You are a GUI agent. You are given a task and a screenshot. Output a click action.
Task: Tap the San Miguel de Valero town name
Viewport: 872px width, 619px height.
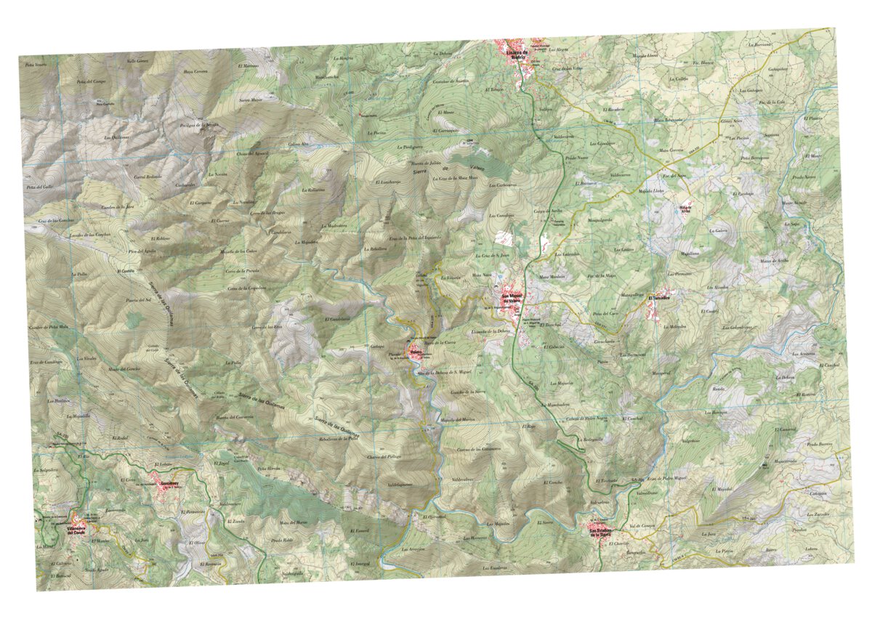pyautogui.click(x=513, y=298)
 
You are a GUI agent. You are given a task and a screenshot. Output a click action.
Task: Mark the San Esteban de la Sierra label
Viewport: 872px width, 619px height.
pyautogui.click(x=603, y=533)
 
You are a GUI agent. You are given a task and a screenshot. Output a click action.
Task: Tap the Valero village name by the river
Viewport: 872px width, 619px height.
pyautogui.click(x=416, y=352)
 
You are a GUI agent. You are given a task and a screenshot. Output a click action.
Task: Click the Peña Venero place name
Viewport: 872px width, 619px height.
pyautogui.click(x=36, y=65)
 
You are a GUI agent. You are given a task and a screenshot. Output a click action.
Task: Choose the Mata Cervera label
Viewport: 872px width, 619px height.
pyautogui.click(x=671, y=150)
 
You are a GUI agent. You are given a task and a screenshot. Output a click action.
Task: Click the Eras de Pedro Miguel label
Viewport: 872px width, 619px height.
pyautogui.click(x=666, y=479)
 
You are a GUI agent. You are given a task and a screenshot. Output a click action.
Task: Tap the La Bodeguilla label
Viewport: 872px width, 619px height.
pyautogui.click(x=593, y=439)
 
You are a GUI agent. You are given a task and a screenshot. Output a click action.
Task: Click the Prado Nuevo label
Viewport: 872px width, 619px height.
pyautogui.click(x=576, y=157)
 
